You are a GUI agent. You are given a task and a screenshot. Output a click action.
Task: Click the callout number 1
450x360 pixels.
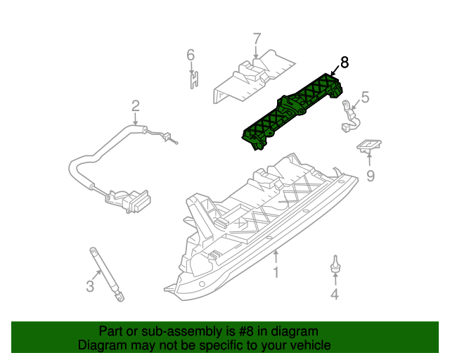click(276, 271)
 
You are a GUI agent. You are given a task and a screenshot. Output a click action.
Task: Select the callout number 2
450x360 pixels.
click(136, 106)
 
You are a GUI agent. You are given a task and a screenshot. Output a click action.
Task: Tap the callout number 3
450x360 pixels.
click(89, 285)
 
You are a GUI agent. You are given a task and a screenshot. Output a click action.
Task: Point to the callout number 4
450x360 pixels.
click(335, 295)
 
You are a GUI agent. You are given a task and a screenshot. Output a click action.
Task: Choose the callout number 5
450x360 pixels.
click(365, 96)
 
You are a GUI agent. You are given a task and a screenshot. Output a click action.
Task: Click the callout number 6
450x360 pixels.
click(190, 54)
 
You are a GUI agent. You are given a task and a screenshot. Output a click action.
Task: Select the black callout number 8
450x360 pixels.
click(344, 63)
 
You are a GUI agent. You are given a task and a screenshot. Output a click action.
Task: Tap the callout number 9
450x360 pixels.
click(371, 176)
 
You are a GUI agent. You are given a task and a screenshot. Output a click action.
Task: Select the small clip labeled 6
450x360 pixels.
click(191, 78)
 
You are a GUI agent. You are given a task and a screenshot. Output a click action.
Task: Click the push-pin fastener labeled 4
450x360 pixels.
click(335, 264)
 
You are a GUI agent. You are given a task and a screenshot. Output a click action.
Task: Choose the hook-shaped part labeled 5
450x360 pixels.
click(349, 117)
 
